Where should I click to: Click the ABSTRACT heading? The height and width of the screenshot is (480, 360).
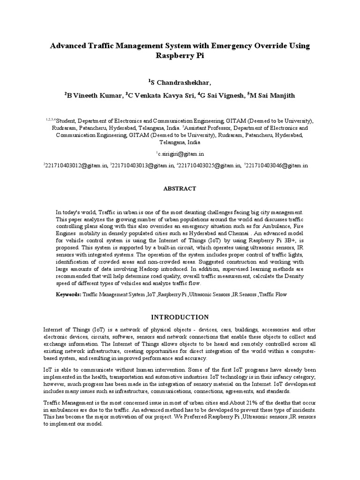point(180,188)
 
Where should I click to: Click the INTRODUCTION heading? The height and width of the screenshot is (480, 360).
point(180,317)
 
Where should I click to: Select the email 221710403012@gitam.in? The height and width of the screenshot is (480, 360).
point(76,165)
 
